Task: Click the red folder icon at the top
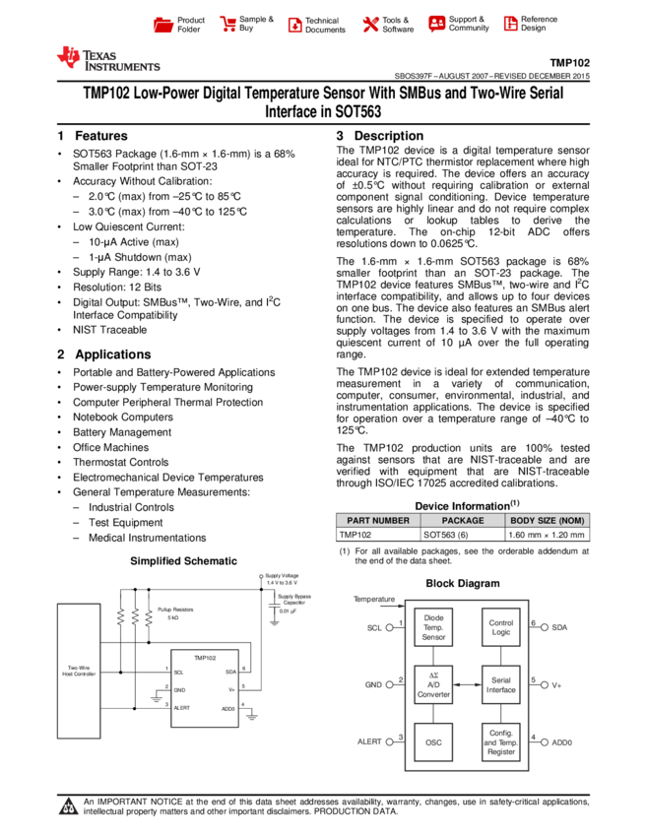click(163, 25)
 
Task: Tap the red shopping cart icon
click(228, 25)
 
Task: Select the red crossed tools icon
click(370, 25)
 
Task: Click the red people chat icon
click(437, 24)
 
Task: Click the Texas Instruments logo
click(107, 59)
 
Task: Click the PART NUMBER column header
click(378, 520)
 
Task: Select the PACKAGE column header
click(463, 520)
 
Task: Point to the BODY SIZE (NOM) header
click(548, 520)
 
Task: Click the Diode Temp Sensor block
click(433, 627)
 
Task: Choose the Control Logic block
click(500, 627)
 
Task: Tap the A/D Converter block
click(433, 684)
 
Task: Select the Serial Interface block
click(500, 684)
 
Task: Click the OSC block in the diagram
click(433, 741)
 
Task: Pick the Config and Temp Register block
click(500, 741)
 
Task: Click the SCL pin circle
click(390, 627)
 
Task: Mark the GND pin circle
click(390, 684)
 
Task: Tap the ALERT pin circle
click(390, 741)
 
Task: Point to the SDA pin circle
click(544, 627)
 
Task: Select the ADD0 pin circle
click(544, 741)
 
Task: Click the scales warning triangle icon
click(69, 807)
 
